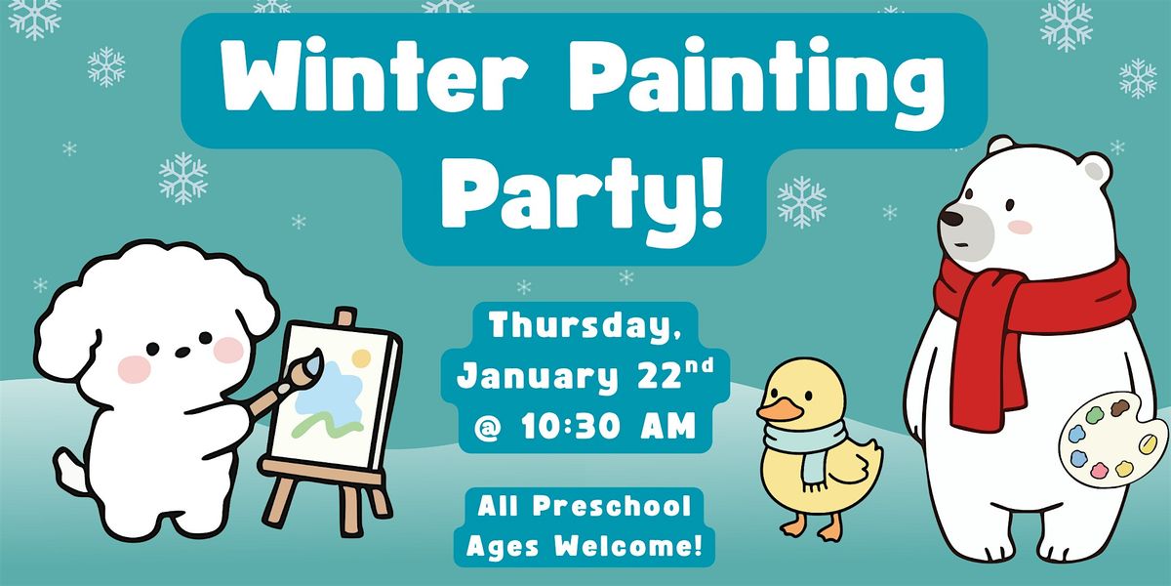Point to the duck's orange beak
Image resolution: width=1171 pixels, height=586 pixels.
(x=776, y=411)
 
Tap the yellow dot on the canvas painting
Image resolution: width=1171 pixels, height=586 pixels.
(x=360, y=358)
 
